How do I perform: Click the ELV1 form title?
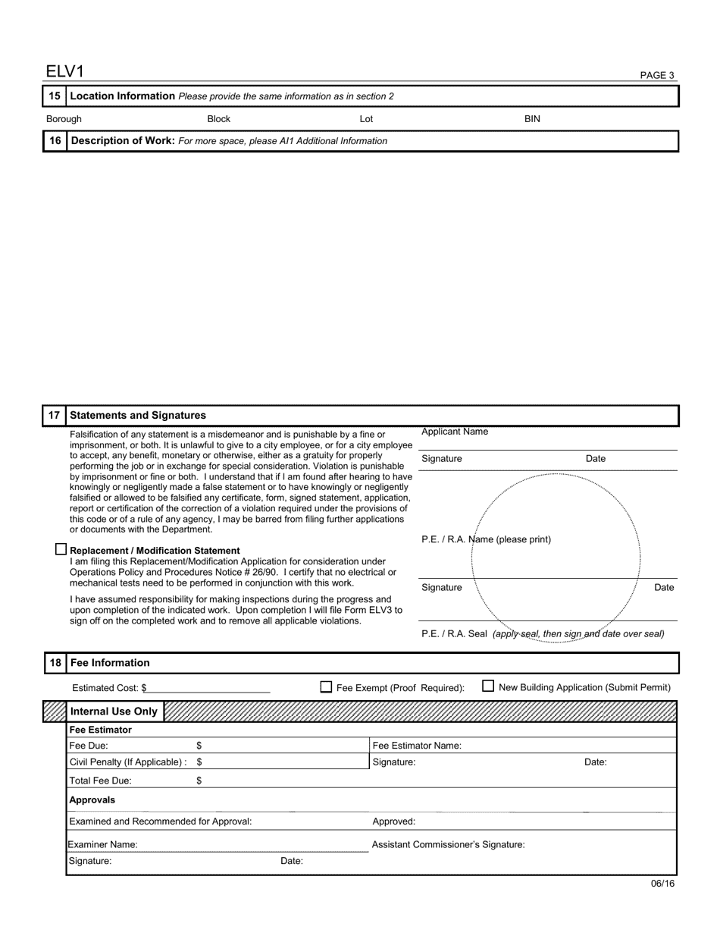pos(64,72)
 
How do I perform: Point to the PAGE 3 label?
pos(656,75)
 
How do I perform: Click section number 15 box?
pos(55,96)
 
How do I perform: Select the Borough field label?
pos(64,119)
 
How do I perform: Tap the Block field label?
pos(218,119)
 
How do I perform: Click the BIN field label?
pos(532,119)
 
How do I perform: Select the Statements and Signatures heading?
pos(137,416)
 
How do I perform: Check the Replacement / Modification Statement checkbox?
pos(61,549)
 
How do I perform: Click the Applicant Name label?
pos(455,432)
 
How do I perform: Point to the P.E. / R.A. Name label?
pos(486,539)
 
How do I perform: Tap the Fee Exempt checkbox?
pos(326,687)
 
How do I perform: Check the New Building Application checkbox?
pos(489,686)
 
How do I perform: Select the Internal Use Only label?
pos(114,712)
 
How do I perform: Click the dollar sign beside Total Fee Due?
pos(199,781)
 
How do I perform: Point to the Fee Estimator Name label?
pos(417,746)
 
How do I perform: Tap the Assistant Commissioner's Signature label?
pos(448,844)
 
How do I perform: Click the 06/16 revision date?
pos(662,884)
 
